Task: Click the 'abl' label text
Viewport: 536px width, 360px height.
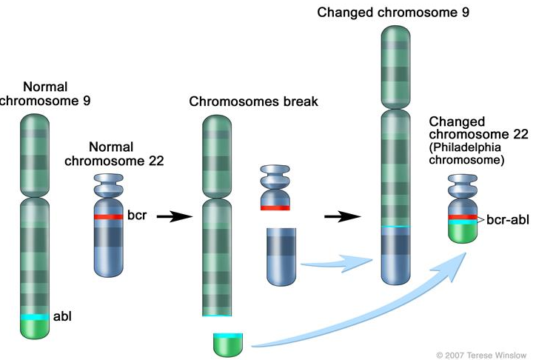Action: tap(63, 316)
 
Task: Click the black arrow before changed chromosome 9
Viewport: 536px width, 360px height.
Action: tap(342, 216)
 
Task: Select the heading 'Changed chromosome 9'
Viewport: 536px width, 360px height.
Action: tap(394, 13)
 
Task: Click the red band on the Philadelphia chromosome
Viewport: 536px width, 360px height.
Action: tap(463, 216)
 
